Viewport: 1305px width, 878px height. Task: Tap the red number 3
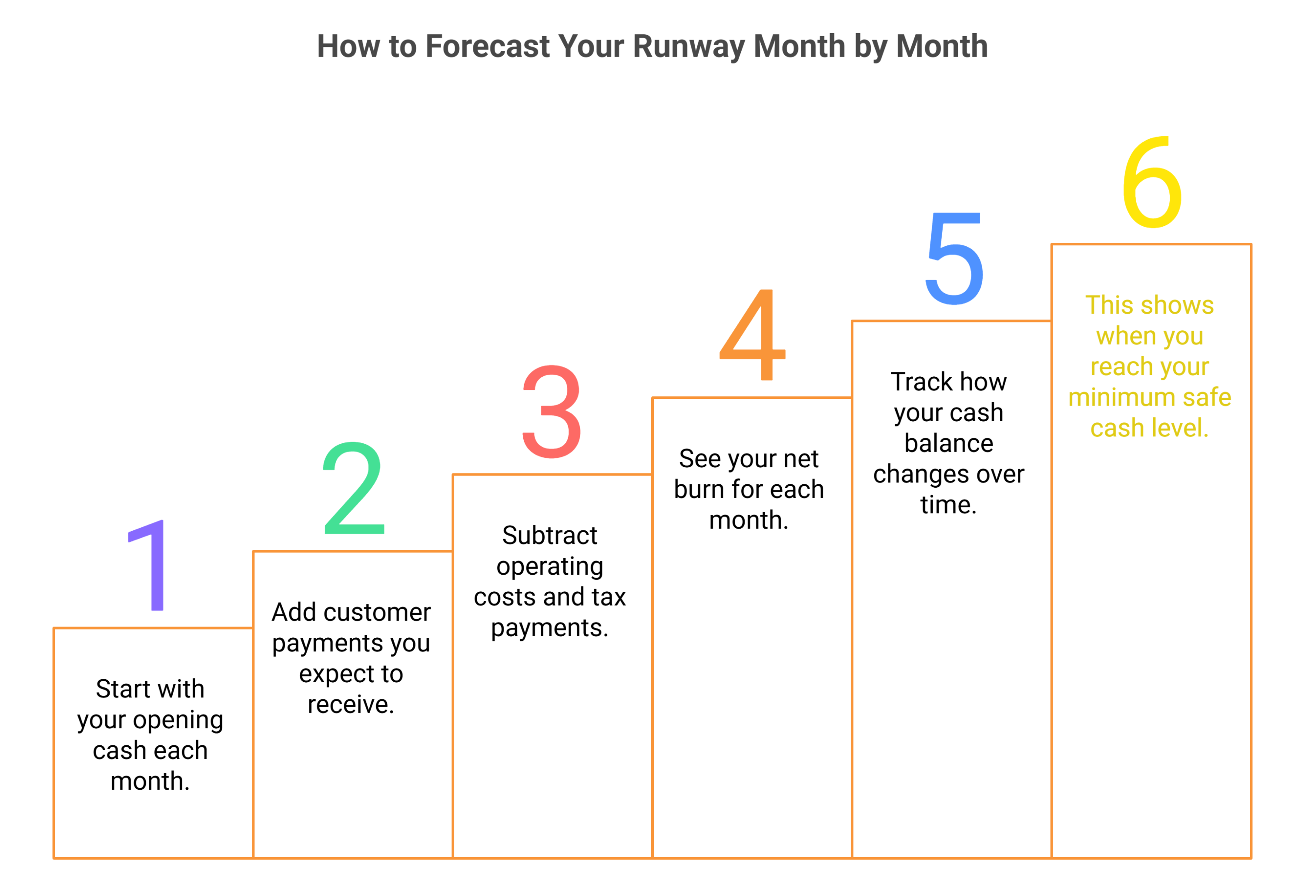tap(552, 412)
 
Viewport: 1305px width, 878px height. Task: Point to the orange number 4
tap(753, 335)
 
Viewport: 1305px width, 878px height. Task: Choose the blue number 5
tap(954, 259)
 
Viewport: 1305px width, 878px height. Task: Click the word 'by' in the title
tap(870, 46)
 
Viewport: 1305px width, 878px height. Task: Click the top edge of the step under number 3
tap(552, 475)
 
